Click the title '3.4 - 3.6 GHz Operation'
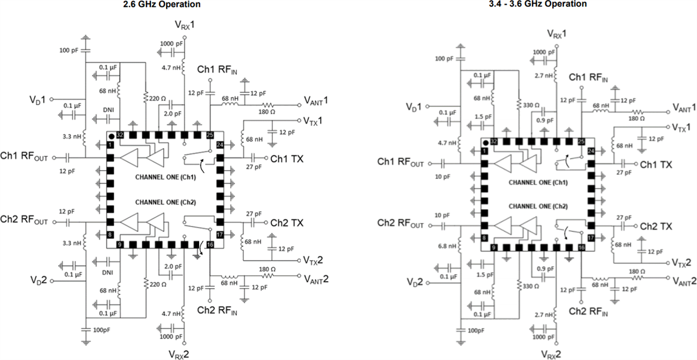[537, 4]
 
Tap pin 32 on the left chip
[120, 134]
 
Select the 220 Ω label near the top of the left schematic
[154, 99]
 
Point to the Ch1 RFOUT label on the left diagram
[25, 158]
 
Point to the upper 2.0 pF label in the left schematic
[170, 114]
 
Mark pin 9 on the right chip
[493, 248]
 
